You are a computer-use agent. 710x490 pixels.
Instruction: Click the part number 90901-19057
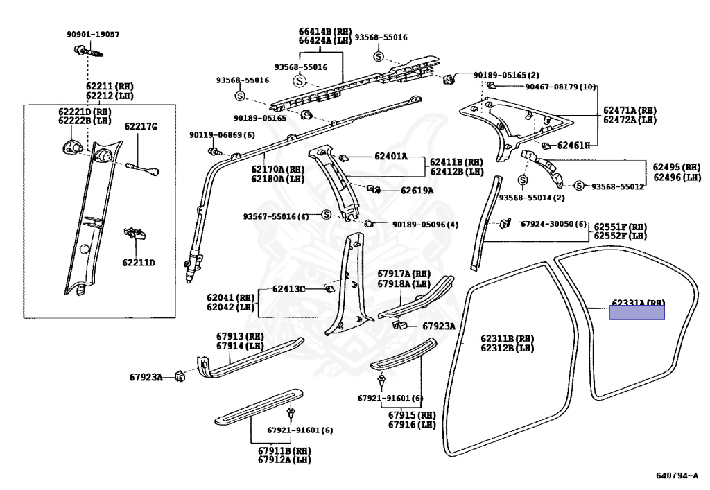(x=93, y=34)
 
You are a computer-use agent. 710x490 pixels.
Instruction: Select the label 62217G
(x=141, y=126)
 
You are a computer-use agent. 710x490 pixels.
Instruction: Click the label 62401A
(x=391, y=157)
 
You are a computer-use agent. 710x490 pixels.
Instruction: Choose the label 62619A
(x=416, y=191)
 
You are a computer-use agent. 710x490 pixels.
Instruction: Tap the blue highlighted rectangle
(x=637, y=312)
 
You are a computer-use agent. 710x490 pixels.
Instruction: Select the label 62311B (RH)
(x=508, y=339)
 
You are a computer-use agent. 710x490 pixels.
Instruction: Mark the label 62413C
(x=288, y=288)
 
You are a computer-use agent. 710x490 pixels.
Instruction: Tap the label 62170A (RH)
(x=277, y=168)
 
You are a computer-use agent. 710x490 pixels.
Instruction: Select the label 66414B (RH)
(x=325, y=32)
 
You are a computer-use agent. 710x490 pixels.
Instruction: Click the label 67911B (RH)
(x=284, y=451)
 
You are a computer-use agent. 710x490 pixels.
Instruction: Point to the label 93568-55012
(x=618, y=186)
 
